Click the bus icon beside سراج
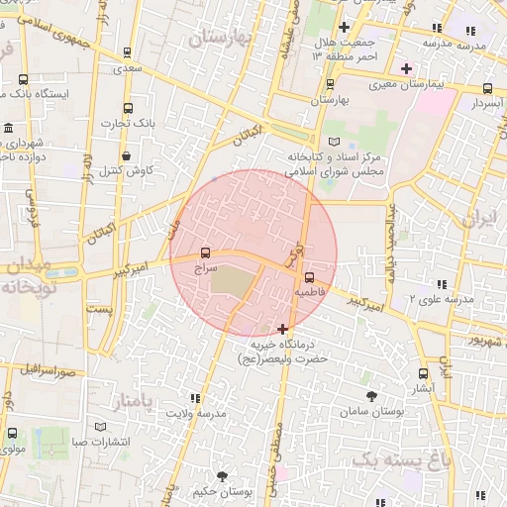[205, 253]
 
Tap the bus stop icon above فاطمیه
[310, 277]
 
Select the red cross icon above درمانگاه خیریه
[284, 328]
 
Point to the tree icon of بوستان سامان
[371, 395]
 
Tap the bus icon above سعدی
[127, 53]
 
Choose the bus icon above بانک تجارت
[127, 109]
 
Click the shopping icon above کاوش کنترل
[127, 155]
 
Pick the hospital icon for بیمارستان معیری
[406, 68]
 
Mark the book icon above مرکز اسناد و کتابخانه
[332, 142]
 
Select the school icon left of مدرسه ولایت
[181, 398]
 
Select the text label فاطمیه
[309, 293]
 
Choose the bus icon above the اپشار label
[423, 374]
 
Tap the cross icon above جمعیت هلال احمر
[344, 27]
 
